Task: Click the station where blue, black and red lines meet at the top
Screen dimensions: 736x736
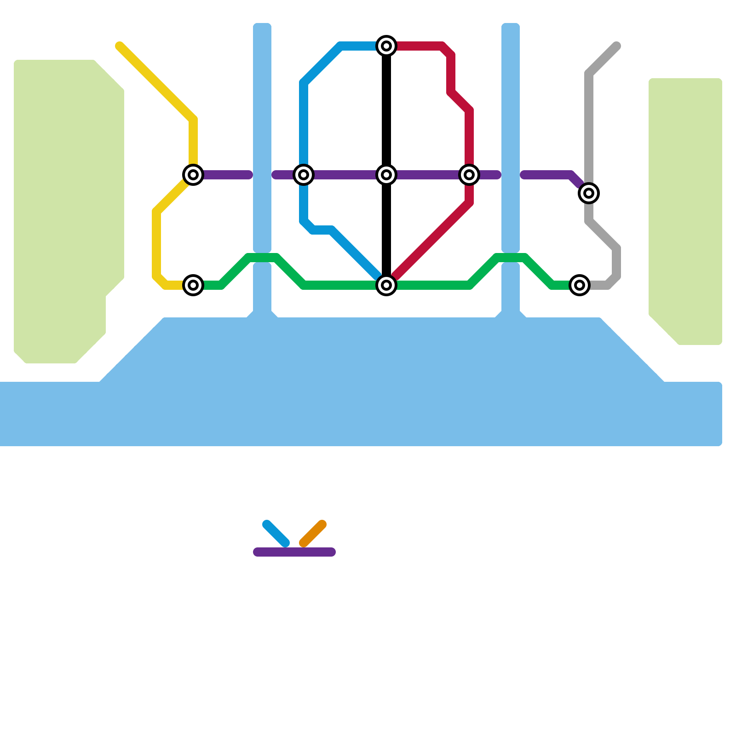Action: pyautogui.click(x=386, y=46)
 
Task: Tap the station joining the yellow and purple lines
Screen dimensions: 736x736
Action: pyautogui.click(x=193, y=175)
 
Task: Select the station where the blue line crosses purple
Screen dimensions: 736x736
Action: pyautogui.click(x=304, y=175)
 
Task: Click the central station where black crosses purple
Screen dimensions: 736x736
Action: pyautogui.click(x=386, y=175)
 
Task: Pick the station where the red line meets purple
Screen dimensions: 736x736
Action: pyautogui.click(x=469, y=175)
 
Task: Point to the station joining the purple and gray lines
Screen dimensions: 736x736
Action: pyautogui.click(x=589, y=193)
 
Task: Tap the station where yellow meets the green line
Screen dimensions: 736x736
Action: pyautogui.click(x=193, y=285)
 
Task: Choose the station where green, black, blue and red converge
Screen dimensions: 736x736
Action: pyautogui.click(x=386, y=285)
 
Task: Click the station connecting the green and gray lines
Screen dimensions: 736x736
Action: pyautogui.click(x=580, y=285)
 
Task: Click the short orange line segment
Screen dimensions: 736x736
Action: pyautogui.click(x=313, y=534)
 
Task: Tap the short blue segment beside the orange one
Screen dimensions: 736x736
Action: pyautogui.click(x=276, y=534)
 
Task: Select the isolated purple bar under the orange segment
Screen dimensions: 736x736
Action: pyautogui.click(x=294, y=552)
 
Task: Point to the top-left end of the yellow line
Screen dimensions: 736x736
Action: pyautogui.click(x=120, y=46)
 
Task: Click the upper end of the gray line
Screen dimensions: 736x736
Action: pyautogui.click(x=616, y=46)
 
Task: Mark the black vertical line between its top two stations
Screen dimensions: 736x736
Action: pyautogui.click(x=386, y=110)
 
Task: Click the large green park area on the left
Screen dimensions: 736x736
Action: pyautogui.click(x=64, y=207)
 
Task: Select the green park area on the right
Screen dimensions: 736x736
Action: pyautogui.click(x=685, y=207)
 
